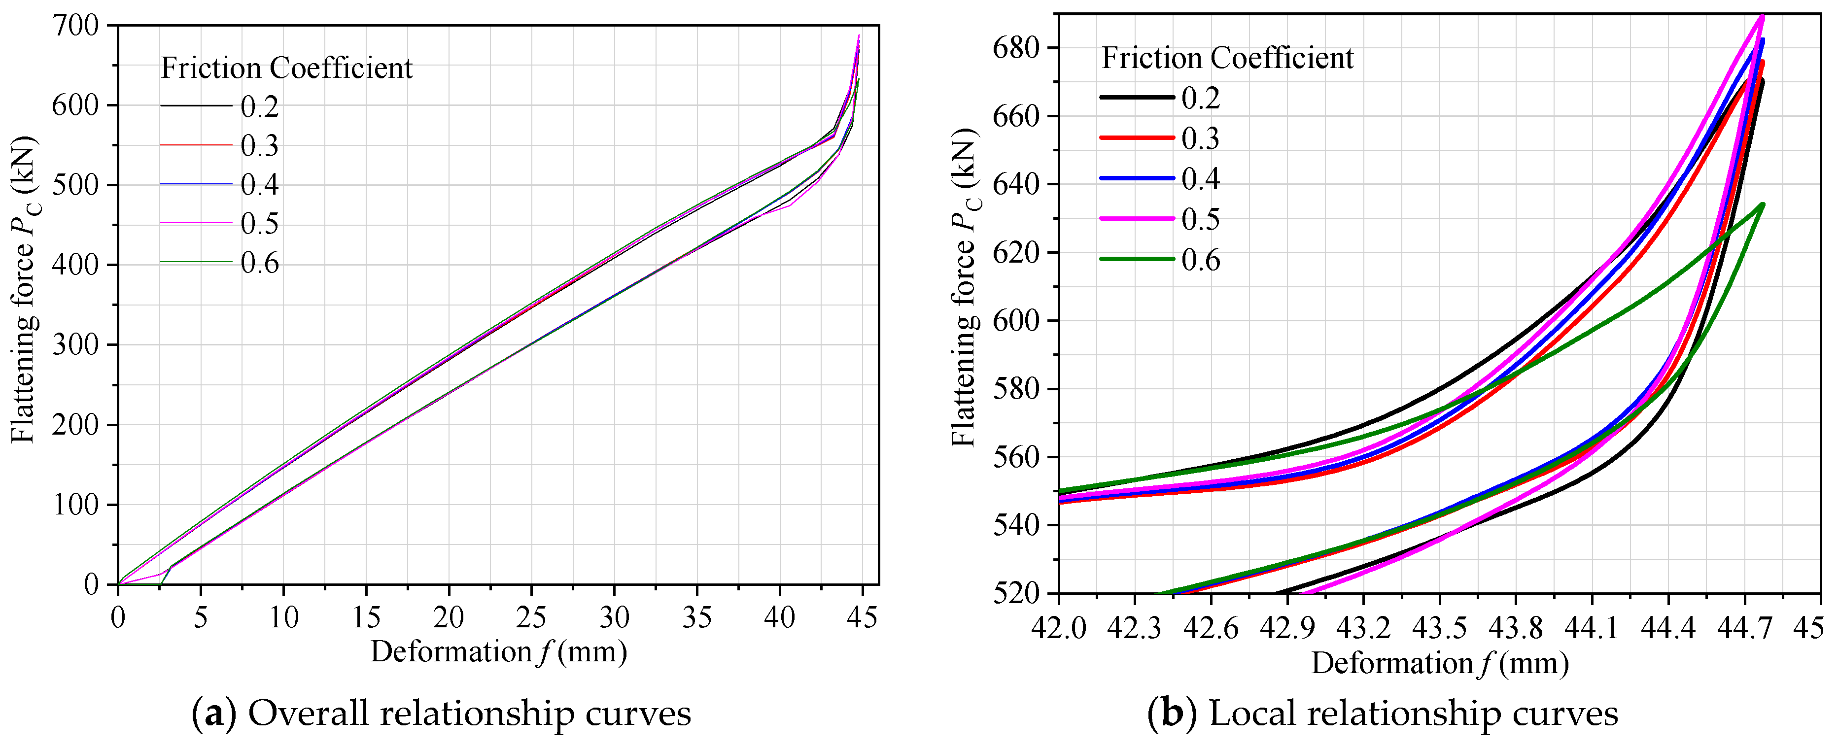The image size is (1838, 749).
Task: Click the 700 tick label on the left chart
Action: pyautogui.click(x=74, y=27)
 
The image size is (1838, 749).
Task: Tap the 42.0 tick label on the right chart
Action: pyautogui.click(x=1059, y=628)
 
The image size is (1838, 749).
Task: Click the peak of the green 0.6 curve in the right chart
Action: pyautogui.click(x=1763, y=204)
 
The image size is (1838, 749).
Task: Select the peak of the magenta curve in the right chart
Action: pyautogui.click(x=1762, y=16)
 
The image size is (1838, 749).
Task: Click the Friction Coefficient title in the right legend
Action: pyautogui.click(x=1227, y=58)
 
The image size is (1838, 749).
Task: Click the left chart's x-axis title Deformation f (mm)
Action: pyautogui.click(x=498, y=652)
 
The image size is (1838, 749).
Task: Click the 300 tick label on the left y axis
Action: pyautogui.click(x=74, y=345)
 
